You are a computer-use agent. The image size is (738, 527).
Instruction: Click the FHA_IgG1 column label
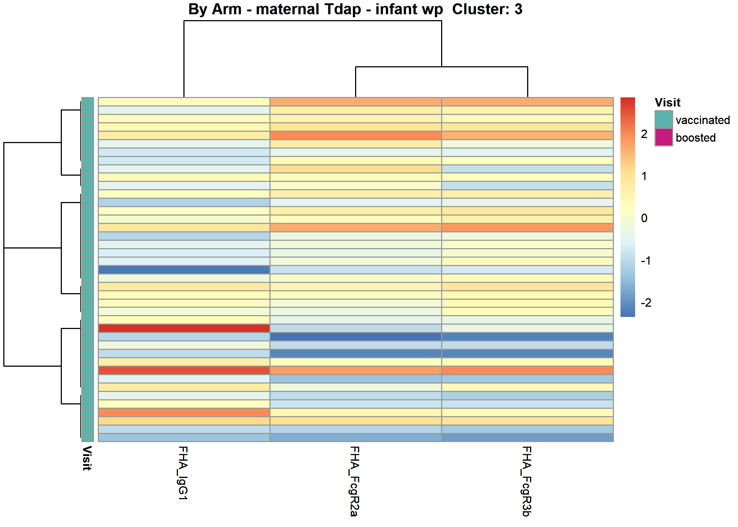pos(183,473)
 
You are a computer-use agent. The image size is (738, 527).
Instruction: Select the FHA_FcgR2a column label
pos(354,481)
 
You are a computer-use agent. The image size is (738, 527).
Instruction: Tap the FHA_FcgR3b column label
pos(526,481)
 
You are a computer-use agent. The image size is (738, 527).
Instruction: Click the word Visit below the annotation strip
pos(87,458)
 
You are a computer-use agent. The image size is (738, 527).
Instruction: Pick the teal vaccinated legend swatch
pos(664,119)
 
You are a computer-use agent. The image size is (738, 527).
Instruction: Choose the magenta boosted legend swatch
pos(664,137)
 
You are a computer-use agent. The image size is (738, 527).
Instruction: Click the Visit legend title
pos(667,102)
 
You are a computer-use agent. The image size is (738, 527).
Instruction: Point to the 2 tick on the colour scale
pos(644,134)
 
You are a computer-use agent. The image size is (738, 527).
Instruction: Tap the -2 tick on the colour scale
pos(646,303)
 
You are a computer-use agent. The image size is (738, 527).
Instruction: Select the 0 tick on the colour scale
pos(644,218)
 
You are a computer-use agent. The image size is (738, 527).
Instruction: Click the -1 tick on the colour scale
pos(646,261)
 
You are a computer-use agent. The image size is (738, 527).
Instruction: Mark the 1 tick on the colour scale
pos(644,176)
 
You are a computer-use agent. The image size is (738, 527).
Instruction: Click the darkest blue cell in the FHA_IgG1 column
pos(184,270)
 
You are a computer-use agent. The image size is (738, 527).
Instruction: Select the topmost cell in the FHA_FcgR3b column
pos(528,102)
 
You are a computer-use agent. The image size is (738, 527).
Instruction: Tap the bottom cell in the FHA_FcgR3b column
pos(528,437)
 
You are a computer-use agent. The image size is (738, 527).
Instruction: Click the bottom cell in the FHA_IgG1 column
pos(184,437)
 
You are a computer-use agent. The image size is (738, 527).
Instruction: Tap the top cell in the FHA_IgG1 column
pos(184,102)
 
